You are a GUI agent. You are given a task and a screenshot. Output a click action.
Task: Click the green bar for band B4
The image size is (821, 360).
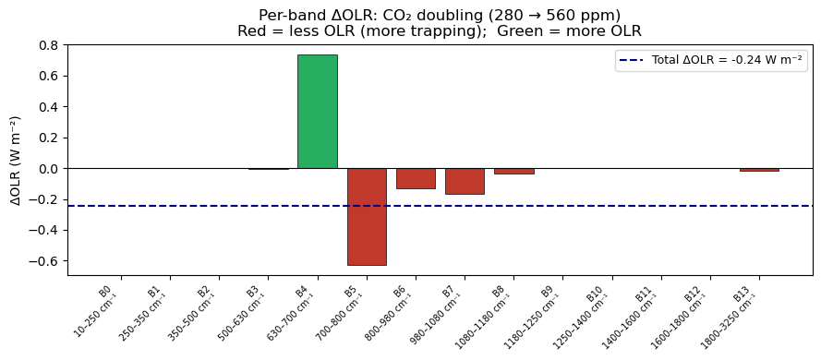coord(318,112)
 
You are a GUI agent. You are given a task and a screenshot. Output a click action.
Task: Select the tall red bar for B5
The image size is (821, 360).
coord(367,217)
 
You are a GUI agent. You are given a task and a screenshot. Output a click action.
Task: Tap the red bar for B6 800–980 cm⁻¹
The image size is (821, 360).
coord(416,178)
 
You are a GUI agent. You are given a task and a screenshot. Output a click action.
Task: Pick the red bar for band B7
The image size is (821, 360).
coord(465,181)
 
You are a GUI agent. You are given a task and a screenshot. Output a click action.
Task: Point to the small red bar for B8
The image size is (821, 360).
coord(514,171)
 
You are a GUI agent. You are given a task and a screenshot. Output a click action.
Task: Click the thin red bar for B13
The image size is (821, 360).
coord(759,170)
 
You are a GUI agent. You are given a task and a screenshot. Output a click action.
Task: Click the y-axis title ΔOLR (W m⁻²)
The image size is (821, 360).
coord(17,160)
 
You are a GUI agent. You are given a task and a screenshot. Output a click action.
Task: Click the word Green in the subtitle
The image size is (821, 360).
coord(513,30)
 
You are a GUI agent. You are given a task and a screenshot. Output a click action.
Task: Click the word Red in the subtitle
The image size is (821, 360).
coord(249,30)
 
